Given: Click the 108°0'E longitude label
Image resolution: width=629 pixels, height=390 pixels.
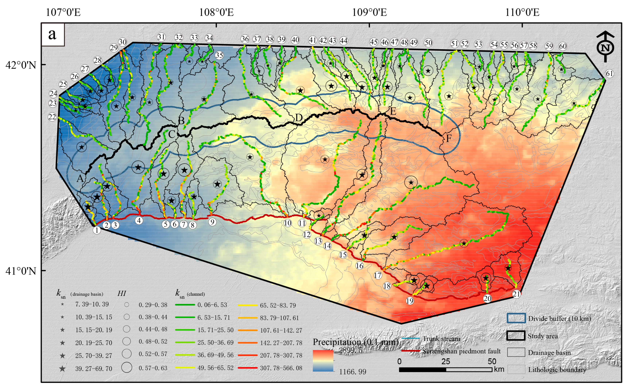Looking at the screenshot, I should tap(216, 12).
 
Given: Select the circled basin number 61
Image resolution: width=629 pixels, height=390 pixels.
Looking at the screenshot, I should tap(609, 74).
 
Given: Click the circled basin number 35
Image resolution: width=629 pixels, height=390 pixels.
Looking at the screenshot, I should tap(219, 55).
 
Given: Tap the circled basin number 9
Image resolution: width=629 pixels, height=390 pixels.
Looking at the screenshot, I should tap(212, 222).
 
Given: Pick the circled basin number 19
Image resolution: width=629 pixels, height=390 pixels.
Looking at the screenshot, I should tap(410, 301).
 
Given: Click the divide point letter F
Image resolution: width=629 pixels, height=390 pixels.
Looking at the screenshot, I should tap(449, 138).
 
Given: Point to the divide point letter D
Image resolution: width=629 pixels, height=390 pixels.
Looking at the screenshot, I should tap(299, 118).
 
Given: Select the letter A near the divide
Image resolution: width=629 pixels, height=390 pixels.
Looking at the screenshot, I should tap(80, 178).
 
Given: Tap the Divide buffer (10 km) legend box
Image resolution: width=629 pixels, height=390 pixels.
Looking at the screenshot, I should tap(516, 318).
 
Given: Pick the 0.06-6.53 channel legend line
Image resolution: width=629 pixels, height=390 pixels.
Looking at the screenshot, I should tap(185, 305).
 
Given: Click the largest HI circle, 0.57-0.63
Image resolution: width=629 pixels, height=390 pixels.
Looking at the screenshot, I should tap(127, 368).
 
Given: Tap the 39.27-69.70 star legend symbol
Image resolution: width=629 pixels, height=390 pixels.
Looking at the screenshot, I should tap(62, 369).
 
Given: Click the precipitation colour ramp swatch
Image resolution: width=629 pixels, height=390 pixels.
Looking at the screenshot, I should tap(323, 361).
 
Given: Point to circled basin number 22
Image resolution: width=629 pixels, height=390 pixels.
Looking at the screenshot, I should tap(52, 117).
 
